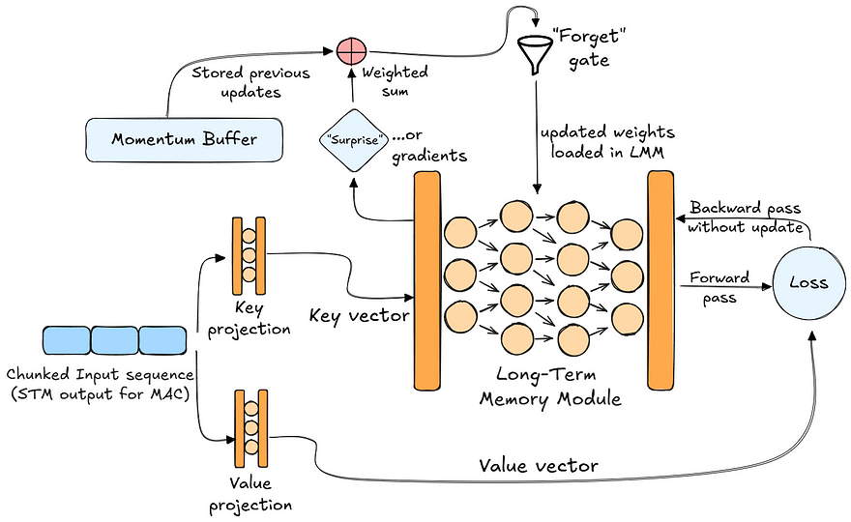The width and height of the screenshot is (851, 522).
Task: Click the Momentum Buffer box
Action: (185, 138)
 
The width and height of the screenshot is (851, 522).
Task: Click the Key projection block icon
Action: (249, 255)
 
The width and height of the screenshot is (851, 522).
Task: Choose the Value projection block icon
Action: (249, 427)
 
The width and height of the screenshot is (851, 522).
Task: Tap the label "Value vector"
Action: (539, 466)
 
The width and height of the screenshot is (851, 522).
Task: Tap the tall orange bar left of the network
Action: (427, 277)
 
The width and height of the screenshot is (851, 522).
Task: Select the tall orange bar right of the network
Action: (660, 277)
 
